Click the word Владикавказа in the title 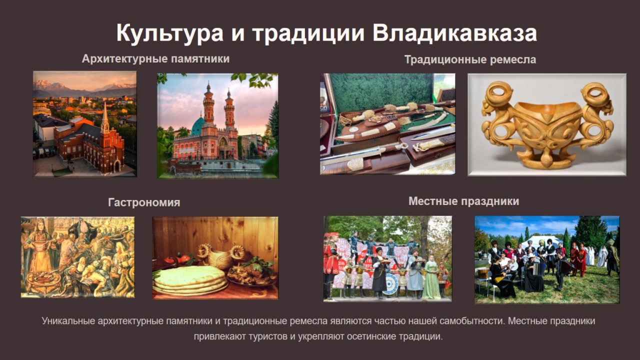tap(454, 33)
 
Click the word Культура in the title tap(169, 33)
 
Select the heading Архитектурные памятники tap(155, 59)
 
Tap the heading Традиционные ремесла tap(470, 59)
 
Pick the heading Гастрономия tap(144, 202)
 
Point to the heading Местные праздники tap(463, 201)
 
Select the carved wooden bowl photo tap(547, 124)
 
